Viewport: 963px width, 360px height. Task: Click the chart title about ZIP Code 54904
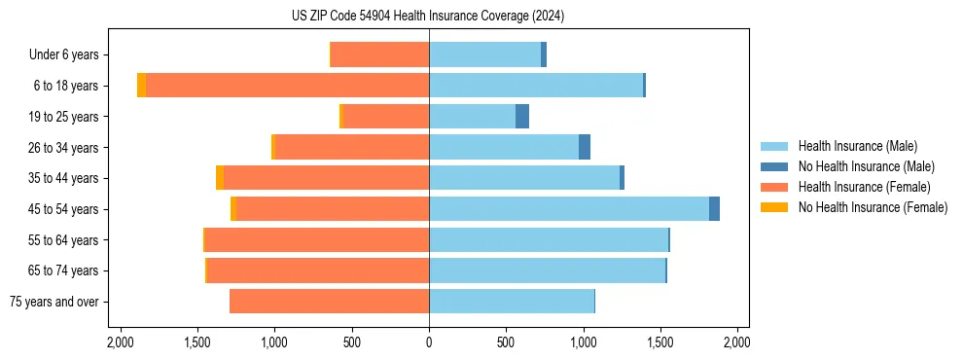[x=428, y=16]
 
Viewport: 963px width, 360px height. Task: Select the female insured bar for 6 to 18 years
[x=287, y=86]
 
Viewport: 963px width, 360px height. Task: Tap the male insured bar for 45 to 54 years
[x=569, y=209]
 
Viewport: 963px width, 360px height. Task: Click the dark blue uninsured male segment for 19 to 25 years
[x=522, y=117]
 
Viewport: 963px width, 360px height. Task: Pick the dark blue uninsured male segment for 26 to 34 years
[x=585, y=147]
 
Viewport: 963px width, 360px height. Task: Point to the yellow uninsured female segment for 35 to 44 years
[x=220, y=178]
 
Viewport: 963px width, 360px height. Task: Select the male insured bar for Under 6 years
[x=484, y=54]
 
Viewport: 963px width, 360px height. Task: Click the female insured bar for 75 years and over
[x=329, y=302]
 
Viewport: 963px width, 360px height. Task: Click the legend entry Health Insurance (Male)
[x=857, y=147]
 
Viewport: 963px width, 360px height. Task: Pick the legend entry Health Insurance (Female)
[x=861, y=187]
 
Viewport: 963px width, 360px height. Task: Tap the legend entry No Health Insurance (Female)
[x=872, y=207]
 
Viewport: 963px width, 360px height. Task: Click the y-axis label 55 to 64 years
[x=65, y=240]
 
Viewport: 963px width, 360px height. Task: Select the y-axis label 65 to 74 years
[x=65, y=270]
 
